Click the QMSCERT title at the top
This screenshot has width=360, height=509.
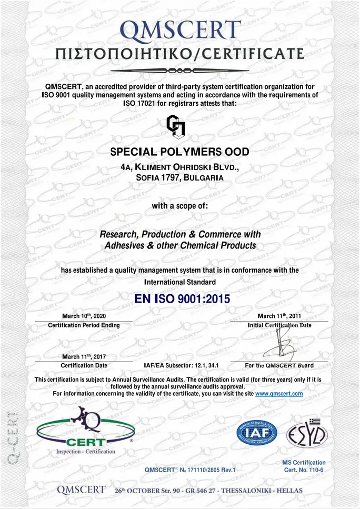[x=179, y=31]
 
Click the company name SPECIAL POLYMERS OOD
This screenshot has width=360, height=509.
[x=179, y=152]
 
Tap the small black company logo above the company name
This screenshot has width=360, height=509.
[x=175, y=126]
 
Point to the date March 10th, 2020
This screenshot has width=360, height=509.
[x=84, y=316]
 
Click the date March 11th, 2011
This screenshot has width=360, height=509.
[x=279, y=316]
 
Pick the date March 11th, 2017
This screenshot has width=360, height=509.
[x=84, y=357]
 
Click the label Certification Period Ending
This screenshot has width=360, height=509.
[x=84, y=325]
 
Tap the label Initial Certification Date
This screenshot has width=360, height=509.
[x=279, y=325]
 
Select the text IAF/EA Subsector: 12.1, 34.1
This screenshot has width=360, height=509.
[x=181, y=365]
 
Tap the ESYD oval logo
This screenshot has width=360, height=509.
[x=307, y=435]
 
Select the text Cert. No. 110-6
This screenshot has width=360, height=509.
[x=305, y=470]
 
